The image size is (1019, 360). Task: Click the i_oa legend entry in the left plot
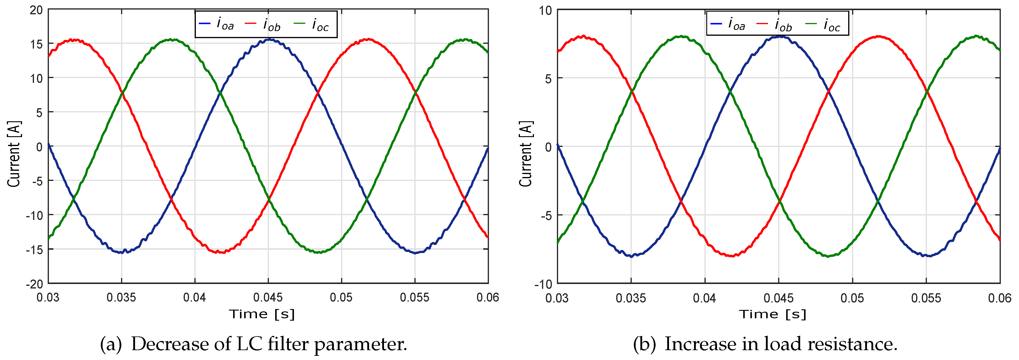click(x=216, y=24)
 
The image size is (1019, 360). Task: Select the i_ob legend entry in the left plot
click(x=263, y=24)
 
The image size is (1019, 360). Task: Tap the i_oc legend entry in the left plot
click(x=311, y=24)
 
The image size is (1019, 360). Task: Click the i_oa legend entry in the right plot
click(x=727, y=24)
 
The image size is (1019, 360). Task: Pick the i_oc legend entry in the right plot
click(x=823, y=24)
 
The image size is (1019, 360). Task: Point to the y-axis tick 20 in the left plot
click(x=36, y=10)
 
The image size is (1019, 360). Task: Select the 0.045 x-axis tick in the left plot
click(x=268, y=297)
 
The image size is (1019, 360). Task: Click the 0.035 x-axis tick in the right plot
click(x=631, y=297)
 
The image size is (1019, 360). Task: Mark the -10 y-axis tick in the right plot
click(x=543, y=284)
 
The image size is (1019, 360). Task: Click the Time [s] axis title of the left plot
click(x=262, y=314)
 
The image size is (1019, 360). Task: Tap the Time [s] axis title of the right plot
click(x=772, y=314)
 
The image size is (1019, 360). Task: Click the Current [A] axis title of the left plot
click(x=14, y=154)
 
